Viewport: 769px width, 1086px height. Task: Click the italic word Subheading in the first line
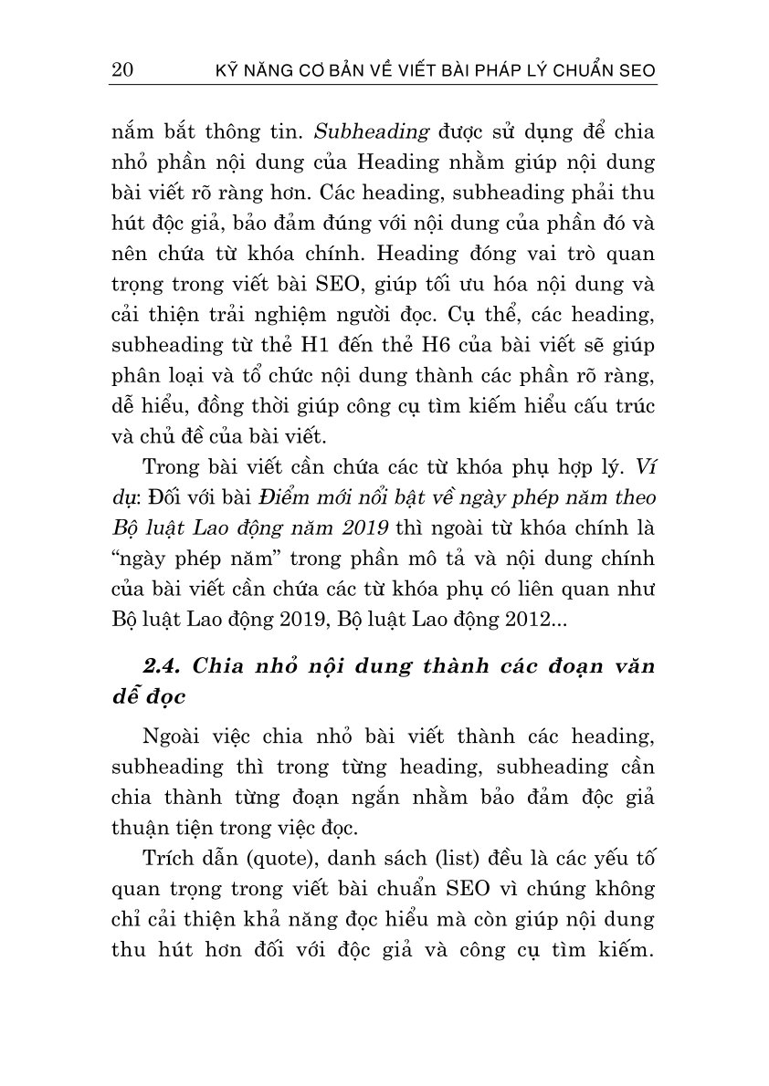tap(371, 131)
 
